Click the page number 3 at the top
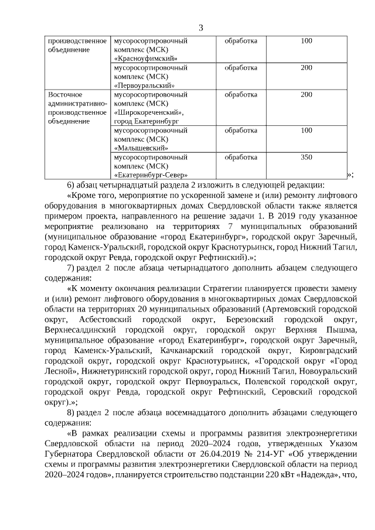200,28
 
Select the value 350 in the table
306,158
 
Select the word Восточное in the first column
65,95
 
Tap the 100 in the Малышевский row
306,131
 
